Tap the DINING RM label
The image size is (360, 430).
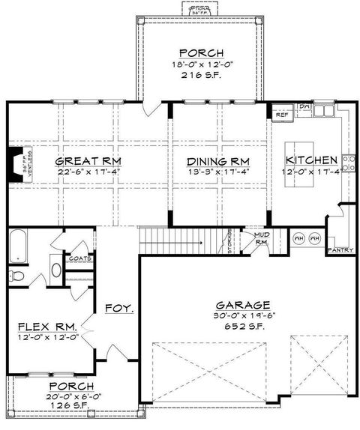(217, 161)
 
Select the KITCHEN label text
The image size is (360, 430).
(310, 161)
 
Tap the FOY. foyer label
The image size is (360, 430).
(118, 308)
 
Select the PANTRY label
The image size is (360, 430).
(340, 250)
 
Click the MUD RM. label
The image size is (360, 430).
(261, 238)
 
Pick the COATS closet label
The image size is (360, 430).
(79, 258)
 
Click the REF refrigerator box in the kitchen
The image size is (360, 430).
(282, 115)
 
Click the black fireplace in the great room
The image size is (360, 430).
(14, 162)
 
